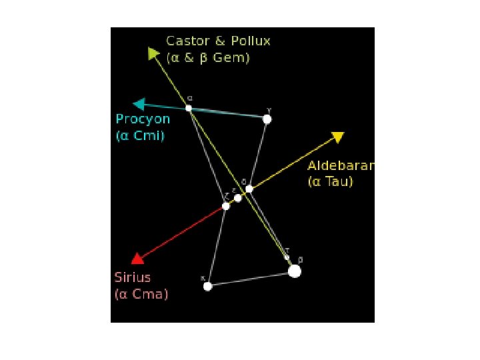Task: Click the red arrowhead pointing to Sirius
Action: pos(137,259)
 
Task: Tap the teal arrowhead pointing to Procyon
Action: pos(139,104)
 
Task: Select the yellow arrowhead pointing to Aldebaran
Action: pos(337,137)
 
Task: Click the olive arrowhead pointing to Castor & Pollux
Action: pos(154,54)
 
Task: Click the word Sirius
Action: pos(133,277)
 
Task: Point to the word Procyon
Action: pos(143,119)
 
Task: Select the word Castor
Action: pos(188,41)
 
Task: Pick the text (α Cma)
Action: pos(141,293)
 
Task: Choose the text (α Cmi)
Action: pos(140,136)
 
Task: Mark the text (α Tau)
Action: pos(330,181)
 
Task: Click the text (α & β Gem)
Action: pos(208,58)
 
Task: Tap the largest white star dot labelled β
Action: pos(295,271)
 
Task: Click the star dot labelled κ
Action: pos(208,286)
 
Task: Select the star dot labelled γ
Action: pos(267,119)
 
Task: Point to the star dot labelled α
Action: pos(189,108)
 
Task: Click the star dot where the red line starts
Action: pos(226,206)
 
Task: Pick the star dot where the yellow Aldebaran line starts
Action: pos(249,189)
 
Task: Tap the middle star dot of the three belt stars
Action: pos(238,198)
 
